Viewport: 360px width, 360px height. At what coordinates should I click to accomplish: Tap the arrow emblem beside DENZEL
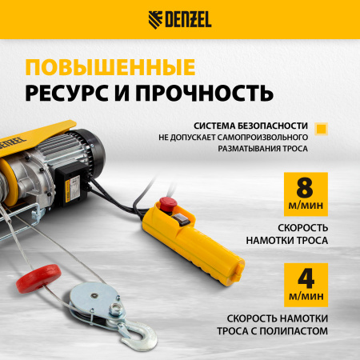pos(155,19)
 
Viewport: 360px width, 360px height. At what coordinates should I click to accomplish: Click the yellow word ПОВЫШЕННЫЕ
pos(110,65)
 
